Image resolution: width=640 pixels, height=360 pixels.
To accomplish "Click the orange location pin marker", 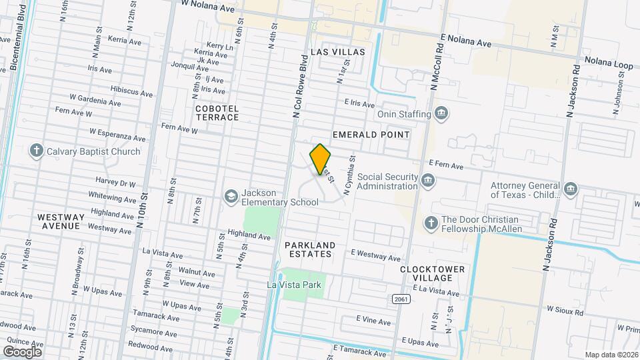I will [321, 159].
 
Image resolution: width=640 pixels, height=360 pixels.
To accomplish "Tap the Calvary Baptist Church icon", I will [37, 151].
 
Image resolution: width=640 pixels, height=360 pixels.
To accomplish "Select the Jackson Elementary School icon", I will [231, 196].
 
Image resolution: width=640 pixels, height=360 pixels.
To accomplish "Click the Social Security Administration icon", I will [427, 179].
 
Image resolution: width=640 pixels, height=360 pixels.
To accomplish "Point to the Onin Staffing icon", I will [441, 114].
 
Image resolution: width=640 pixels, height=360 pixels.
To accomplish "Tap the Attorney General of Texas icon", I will [569, 189].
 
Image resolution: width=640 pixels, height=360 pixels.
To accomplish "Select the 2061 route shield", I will [400, 298].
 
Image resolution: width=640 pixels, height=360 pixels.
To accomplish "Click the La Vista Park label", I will [294, 285].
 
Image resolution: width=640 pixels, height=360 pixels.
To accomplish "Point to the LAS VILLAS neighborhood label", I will [338, 52].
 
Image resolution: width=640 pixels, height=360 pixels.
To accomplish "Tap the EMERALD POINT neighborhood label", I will [371, 135].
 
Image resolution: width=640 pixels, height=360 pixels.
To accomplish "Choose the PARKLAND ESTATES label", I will [308, 249].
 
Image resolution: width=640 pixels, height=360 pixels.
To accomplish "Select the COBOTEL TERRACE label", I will [217, 112].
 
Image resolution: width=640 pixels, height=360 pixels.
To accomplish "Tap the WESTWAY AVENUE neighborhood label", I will [61, 222].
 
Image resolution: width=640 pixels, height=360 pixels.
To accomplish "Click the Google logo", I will [22, 351].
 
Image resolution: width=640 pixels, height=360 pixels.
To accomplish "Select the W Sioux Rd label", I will [565, 311].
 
